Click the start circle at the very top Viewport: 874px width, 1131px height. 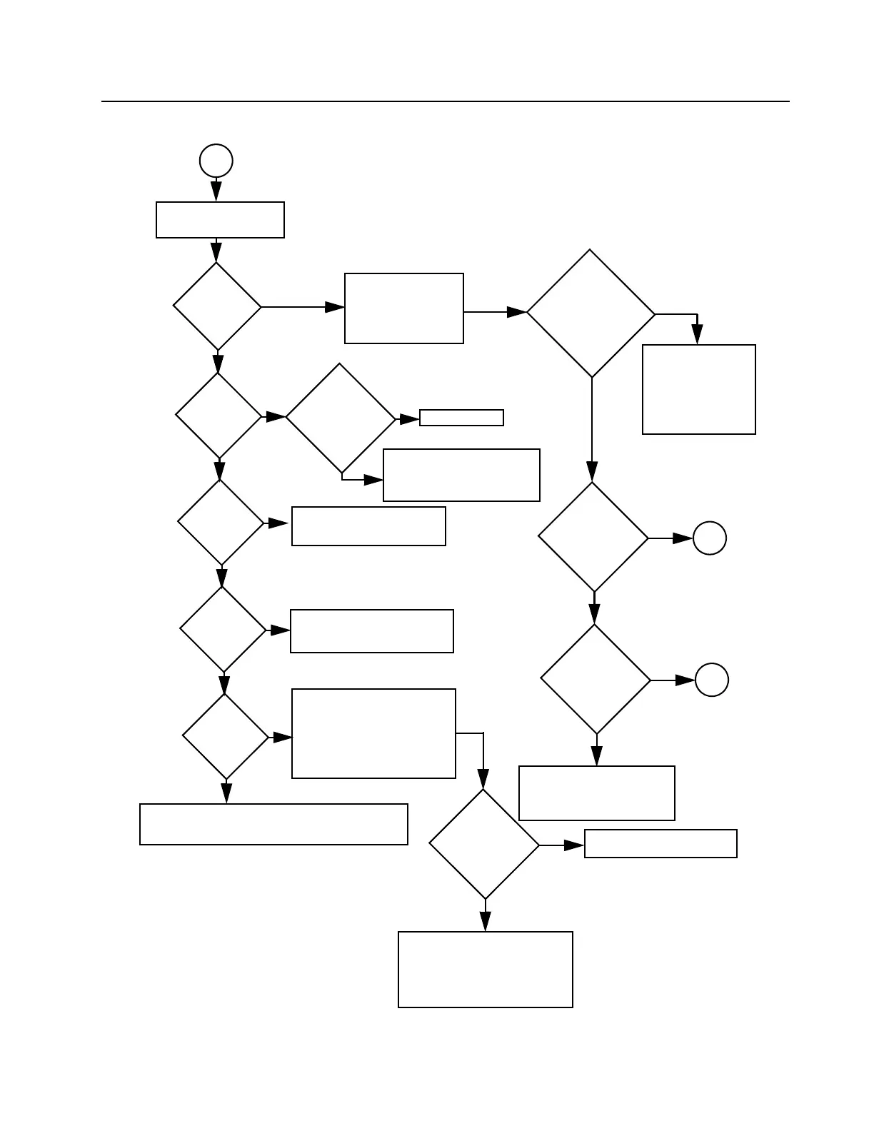click(x=216, y=161)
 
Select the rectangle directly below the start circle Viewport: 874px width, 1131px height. click(x=220, y=220)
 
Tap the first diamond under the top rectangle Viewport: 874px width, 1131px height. click(x=217, y=307)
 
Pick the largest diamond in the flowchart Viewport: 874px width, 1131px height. click(x=591, y=313)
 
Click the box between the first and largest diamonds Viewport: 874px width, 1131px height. click(x=404, y=308)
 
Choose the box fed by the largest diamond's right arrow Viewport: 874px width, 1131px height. click(x=698, y=390)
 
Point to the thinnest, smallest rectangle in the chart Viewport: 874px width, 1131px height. click(x=461, y=418)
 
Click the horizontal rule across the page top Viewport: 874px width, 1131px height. click(x=446, y=101)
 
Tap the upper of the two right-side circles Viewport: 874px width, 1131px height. click(x=709, y=538)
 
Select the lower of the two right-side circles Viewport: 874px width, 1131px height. click(x=711, y=680)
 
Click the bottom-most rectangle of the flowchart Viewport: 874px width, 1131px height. click(x=486, y=970)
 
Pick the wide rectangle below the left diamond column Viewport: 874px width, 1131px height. click(x=273, y=825)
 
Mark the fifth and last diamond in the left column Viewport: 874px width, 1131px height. click(x=226, y=737)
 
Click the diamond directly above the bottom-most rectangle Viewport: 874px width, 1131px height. click(x=484, y=844)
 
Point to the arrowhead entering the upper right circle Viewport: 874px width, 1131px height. click(x=683, y=538)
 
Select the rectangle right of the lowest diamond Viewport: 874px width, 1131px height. click(x=660, y=844)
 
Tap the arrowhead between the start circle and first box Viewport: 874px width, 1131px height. click(x=216, y=191)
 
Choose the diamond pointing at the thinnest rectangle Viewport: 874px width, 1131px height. click(x=340, y=418)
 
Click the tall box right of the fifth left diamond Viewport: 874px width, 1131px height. click(x=373, y=734)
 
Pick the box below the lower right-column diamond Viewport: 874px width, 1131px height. click(x=597, y=793)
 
